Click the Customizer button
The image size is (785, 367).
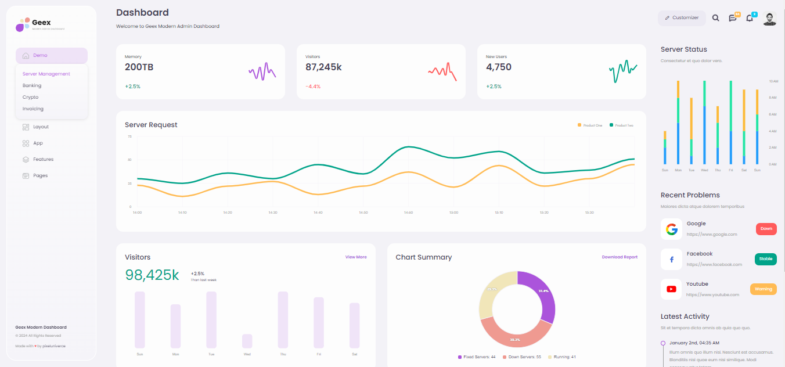[682, 18]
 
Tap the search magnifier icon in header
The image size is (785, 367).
[715, 18]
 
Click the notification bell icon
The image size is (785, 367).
[750, 18]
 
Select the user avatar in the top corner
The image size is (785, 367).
[769, 19]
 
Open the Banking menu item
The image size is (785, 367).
[32, 85]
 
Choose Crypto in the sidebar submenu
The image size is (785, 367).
[31, 97]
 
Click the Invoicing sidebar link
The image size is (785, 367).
[33, 109]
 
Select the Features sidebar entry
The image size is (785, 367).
[43, 159]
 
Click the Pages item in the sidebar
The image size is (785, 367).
[40, 175]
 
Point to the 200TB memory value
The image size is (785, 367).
[139, 67]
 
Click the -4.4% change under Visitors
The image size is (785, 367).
[313, 87]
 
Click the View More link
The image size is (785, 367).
[356, 257]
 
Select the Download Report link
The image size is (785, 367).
[620, 257]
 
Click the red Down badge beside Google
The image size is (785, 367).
[766, 229]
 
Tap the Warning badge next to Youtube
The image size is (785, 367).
[763, 289]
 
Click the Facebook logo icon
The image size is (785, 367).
[671, 260]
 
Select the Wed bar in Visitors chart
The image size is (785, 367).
[247, 341]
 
